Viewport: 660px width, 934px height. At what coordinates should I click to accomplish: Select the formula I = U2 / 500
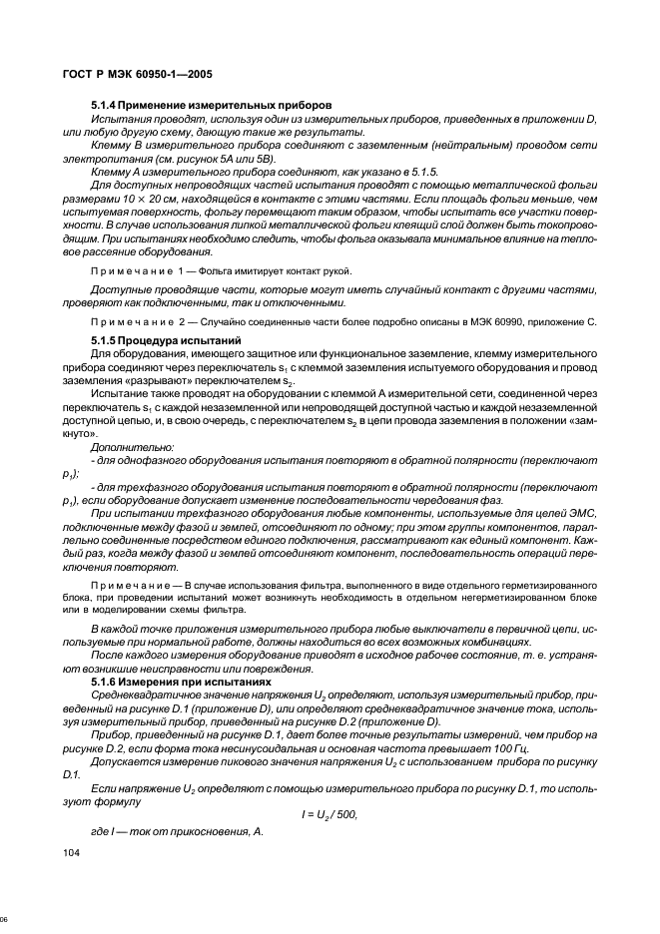(x=329, y=814)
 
